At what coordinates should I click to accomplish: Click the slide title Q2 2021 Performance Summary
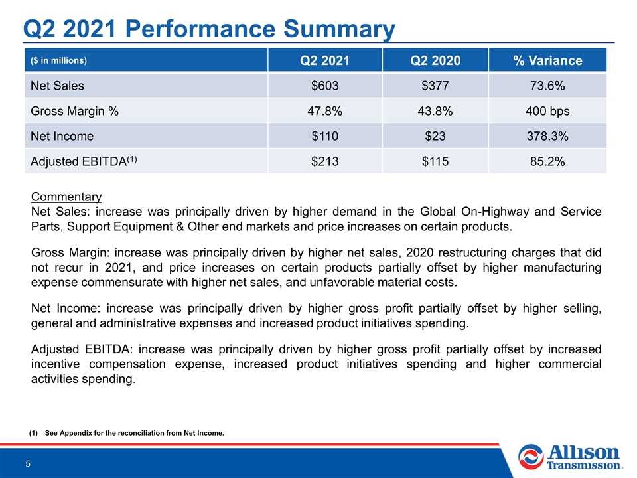tap(209, 29)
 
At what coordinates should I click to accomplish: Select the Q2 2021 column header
tap(324, 60)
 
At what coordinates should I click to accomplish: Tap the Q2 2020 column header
tap(435, 60)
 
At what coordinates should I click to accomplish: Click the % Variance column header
tap(547, 60)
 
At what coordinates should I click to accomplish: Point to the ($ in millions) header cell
tap(58, 60)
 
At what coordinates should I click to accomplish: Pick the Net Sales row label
tap(57, 86)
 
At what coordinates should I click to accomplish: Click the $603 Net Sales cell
tap(324, 86)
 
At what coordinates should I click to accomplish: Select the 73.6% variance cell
tap(547, 86)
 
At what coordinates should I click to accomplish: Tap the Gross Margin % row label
tap(74, 111)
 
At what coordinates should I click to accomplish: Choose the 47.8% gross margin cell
tap(324, 111)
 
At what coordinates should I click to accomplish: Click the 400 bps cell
tap(547, 111)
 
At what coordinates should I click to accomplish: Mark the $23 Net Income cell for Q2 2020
tap(435, 136)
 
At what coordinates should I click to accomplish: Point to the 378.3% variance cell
tap(547, 136)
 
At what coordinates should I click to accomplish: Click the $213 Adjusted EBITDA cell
tap(324, 161)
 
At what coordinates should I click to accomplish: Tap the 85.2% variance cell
tap(547, 161)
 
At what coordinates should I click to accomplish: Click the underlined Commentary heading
tap(66, 197)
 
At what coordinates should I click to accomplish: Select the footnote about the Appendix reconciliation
tap(126, 433)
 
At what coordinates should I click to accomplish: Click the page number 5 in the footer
tap(28, 464)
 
